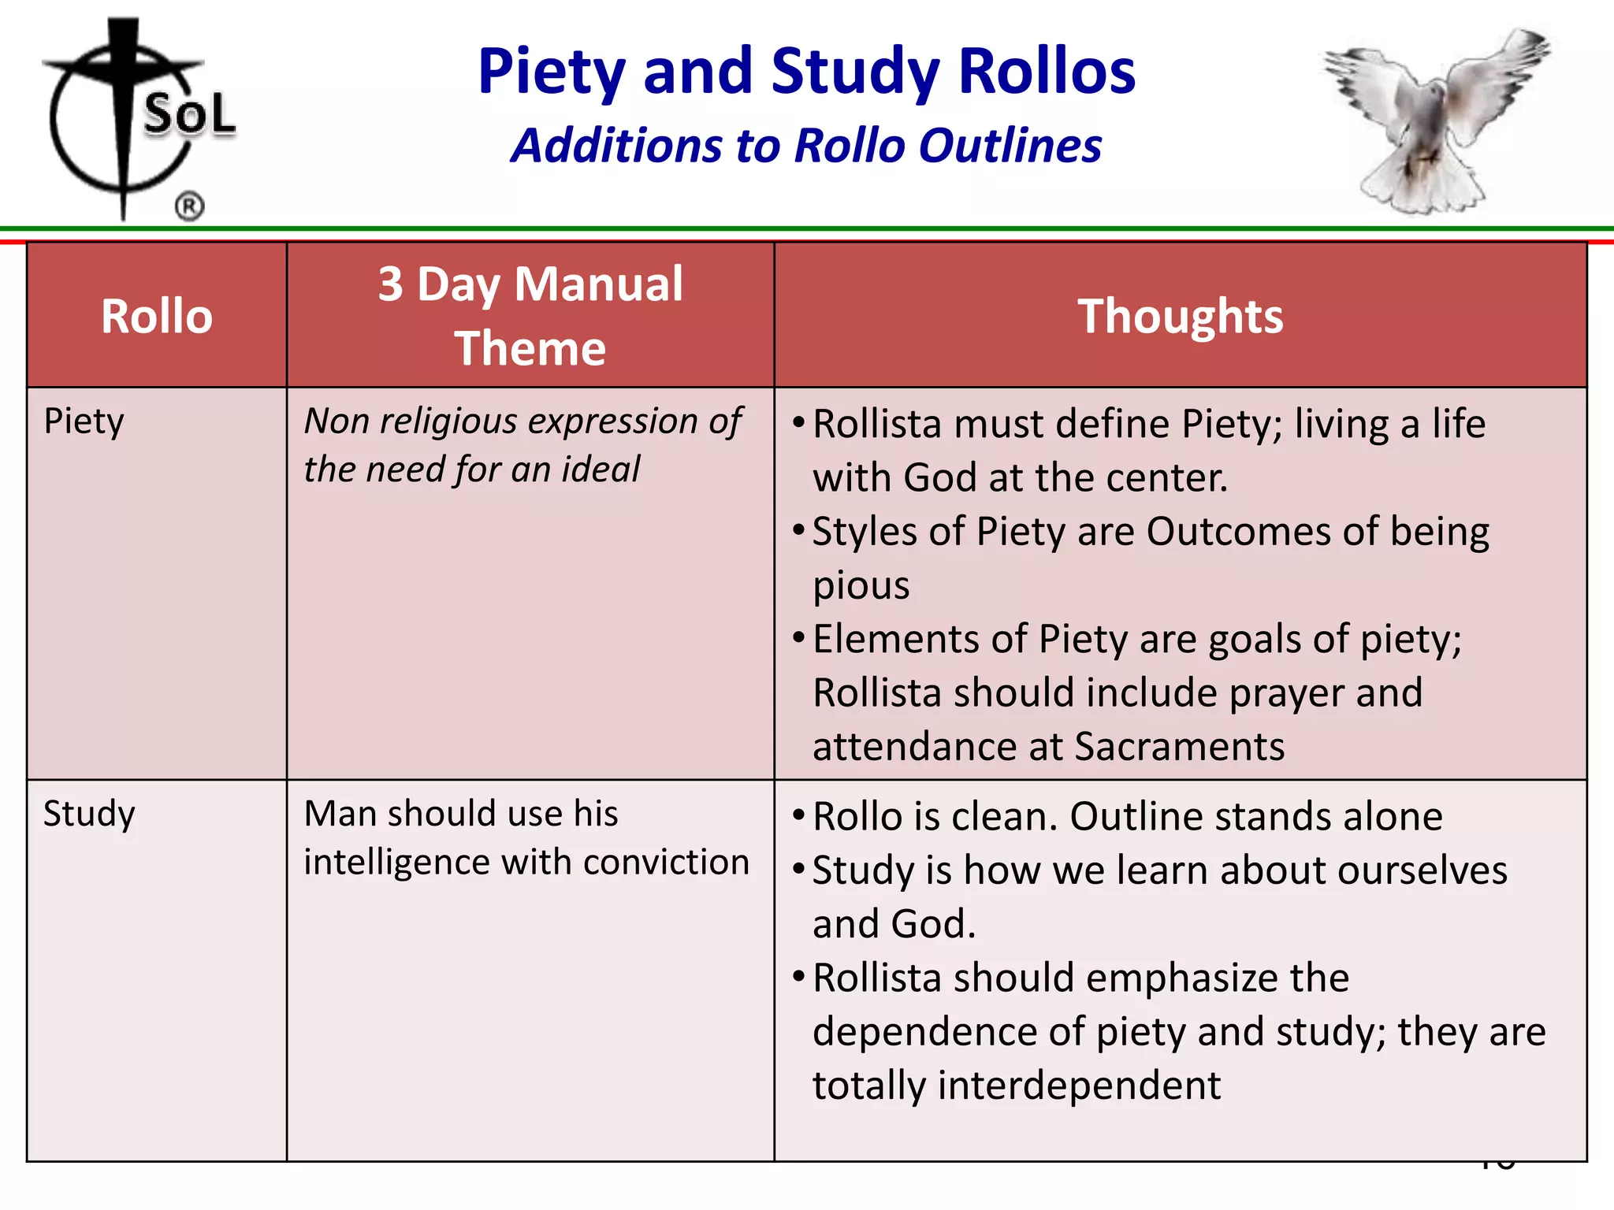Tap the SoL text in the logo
[x=189, y=114]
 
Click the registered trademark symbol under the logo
[x=189, y=207]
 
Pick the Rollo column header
[x=157, y=316]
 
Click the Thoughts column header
[x=1180, y=316]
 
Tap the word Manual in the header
[x=598, y=284]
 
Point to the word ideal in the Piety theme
[x=601, y=470]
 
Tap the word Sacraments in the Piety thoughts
[x=1179, y=746]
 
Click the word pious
[x=861, y=585]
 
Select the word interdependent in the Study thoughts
[x=1079, y=1085]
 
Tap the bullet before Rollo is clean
[x=798, y=814]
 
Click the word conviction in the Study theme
[x=666, y=862]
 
